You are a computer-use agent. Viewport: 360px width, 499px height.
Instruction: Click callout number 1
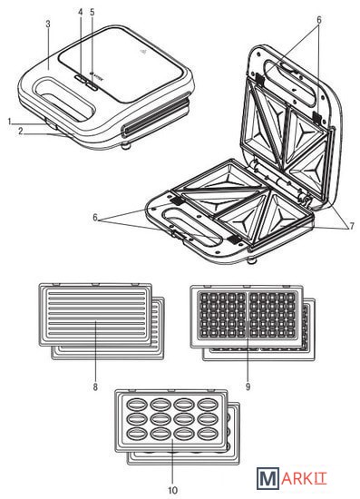(10, 121)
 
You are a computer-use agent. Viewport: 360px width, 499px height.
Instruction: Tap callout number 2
(20, 132)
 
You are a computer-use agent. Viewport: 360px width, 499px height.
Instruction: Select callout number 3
(48, 24)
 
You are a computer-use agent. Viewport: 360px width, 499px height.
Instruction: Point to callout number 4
(81, 12)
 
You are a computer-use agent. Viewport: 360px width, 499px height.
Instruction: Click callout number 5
(92, 12)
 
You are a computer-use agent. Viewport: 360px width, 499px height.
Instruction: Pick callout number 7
(352, 226)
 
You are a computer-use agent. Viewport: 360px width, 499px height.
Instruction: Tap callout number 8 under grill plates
(95, 387)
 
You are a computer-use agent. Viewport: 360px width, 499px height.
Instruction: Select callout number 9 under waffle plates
(248, 387)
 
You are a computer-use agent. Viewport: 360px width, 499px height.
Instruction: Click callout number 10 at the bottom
(172, 491)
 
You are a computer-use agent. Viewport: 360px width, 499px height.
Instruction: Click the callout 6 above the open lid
(318, 20)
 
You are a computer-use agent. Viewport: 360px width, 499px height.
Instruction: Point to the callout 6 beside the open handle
(95, 218)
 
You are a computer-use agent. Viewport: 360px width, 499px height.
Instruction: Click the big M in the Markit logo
(268, 477)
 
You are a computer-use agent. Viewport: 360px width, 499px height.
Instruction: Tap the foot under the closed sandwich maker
(126, 146)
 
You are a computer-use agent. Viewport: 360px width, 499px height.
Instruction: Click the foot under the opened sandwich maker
(252, 261)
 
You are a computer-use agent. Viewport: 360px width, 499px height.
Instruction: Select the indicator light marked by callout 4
(81, 78)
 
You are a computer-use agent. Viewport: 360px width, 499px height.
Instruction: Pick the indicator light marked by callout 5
(92, 84)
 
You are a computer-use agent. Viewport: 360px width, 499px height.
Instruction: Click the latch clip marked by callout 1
(51, 124)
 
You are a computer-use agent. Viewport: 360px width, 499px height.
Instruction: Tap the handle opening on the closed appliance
(65, 99)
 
